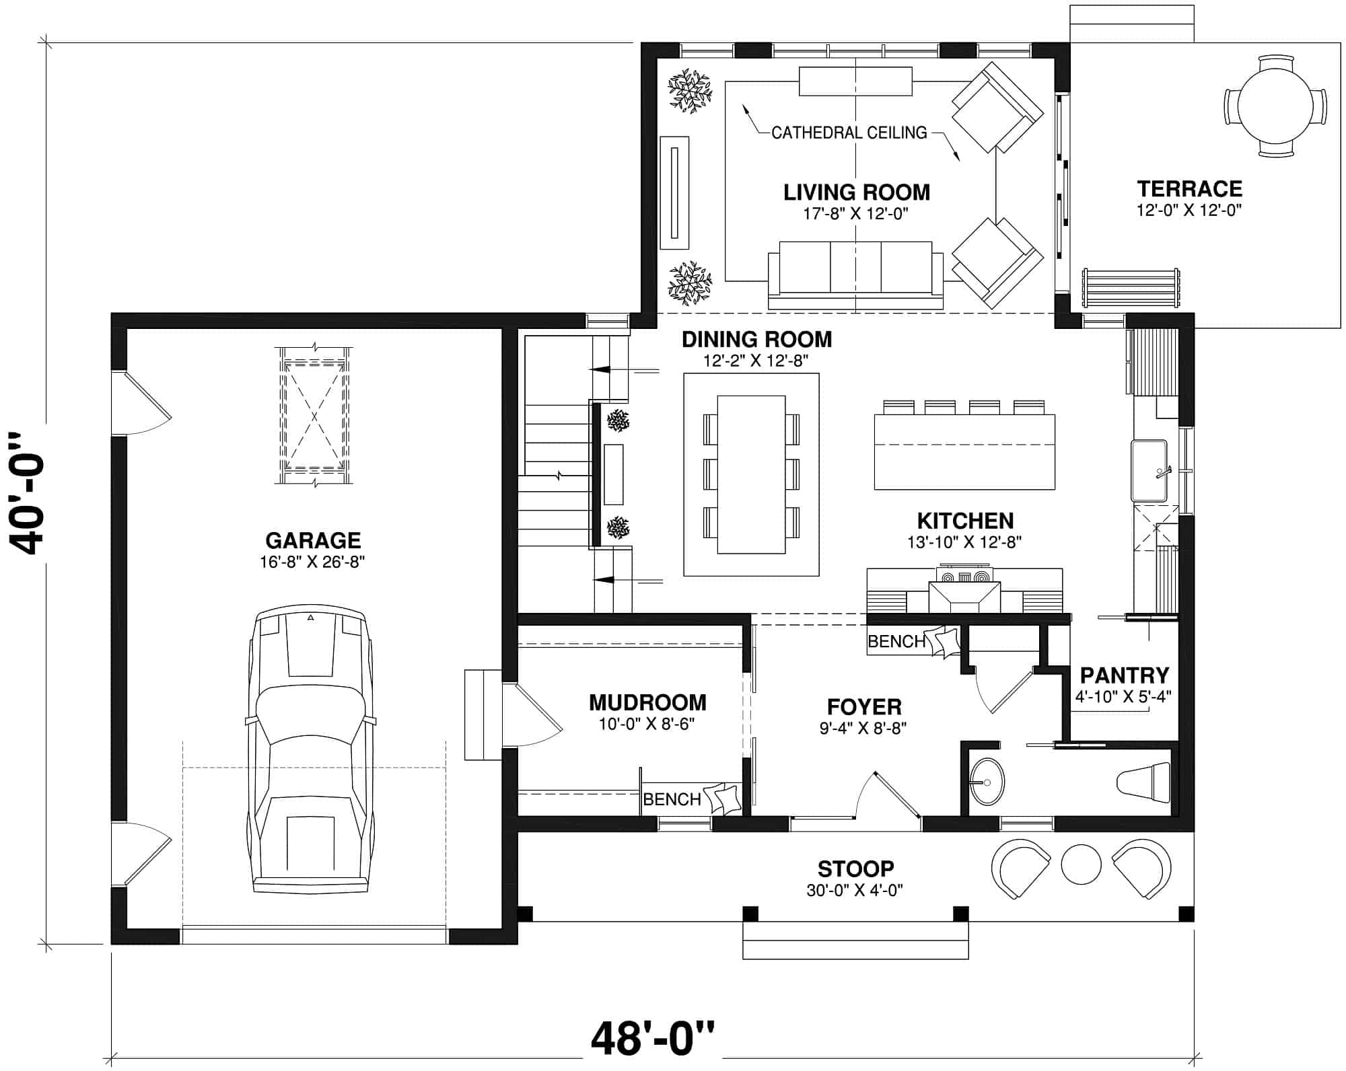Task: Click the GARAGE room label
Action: (x=313, y=540)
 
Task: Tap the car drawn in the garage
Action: (x=310, y=750)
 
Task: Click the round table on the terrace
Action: (x=1275, y=106)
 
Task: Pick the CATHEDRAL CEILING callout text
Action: (x=849, y=133)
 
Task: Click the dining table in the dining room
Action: (x=751, y=474)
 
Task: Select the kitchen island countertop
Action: (x=964, y=451)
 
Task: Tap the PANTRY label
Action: (x=1124, y=675)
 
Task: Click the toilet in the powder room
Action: (x=1143, y=782)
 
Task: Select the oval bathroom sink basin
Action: (x=987, y=782)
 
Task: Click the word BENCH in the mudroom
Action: (x=672, y=799)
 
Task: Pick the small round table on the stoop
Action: (x=1081, y=863)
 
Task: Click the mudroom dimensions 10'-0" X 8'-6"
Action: (x=647, y=725)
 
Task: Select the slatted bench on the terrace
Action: (x=1131, y=288)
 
